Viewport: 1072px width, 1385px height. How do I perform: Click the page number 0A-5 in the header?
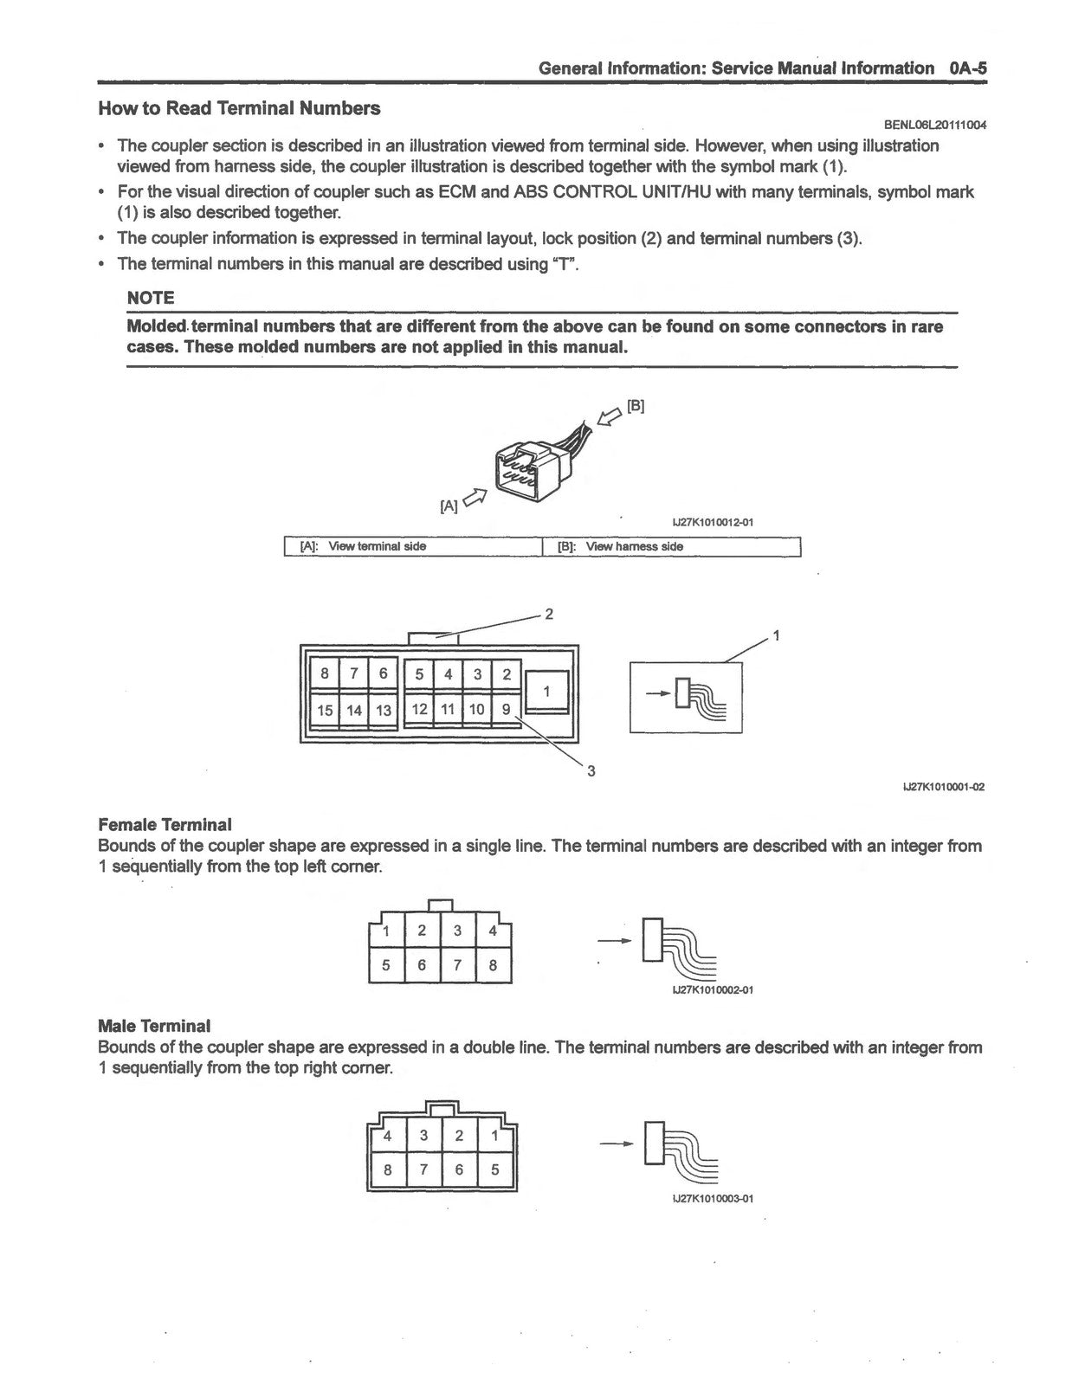point(967,68)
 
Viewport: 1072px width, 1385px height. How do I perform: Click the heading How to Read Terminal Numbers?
point(239,108)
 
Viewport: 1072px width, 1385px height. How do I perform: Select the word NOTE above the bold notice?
point(151,298)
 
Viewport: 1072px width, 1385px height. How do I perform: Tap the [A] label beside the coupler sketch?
point(449,506)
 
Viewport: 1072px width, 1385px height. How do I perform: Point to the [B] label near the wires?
point(636,406)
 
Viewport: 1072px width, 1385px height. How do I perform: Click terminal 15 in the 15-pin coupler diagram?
point(325,710)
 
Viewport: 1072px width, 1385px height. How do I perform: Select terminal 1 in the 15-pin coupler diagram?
point(546,691)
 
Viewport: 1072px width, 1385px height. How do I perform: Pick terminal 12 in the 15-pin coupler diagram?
point(419,710)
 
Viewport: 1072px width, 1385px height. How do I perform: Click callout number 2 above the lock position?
point(549,614)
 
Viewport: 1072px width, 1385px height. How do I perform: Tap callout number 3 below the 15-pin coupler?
point(591,771)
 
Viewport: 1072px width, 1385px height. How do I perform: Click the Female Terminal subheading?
point(165,825)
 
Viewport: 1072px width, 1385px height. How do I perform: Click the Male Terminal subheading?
point(154,1026)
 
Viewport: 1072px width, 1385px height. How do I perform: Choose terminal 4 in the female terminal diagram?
point(493,931)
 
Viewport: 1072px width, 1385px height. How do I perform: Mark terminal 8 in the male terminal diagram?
point(388,1169)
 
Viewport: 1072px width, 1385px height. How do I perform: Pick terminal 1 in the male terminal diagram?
point(495,1135)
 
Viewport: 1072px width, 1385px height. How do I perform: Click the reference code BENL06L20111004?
point(935,125)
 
